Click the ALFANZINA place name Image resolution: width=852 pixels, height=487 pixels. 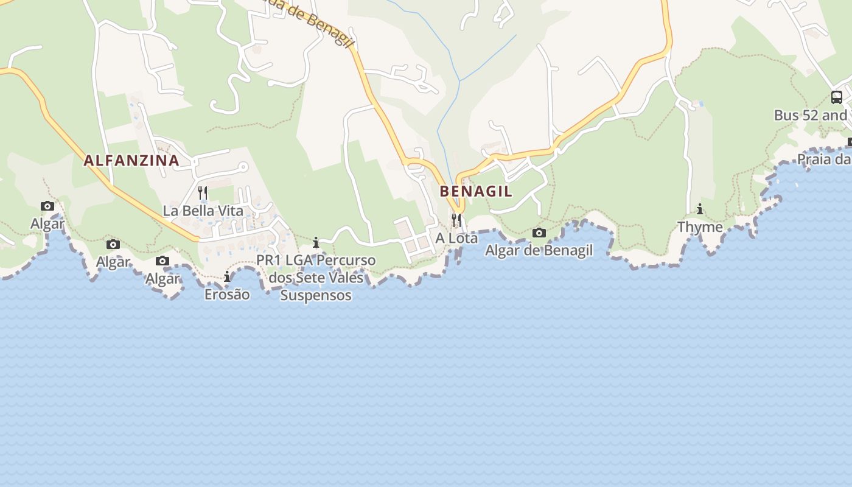(x=131, y=161)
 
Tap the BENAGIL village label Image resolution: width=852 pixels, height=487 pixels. (x=476, y=191)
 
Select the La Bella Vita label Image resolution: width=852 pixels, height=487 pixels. (x=203, y=211)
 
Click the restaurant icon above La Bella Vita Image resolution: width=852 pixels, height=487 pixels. (x=203, y=194)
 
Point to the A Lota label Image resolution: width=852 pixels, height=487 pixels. (x=456, y=238)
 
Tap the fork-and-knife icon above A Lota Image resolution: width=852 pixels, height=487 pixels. (x=456, y=220)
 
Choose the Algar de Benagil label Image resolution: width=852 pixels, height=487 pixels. (x=539, y=250)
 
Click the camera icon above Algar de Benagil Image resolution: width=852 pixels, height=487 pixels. (x=539, y=233)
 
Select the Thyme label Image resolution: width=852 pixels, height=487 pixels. (x=700, y=227)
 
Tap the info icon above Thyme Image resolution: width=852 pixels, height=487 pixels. (x=700, y=209)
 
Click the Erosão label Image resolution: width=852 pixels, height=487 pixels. (x=227, y=294)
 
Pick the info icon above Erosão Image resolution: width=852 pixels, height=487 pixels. (x=227, y=276)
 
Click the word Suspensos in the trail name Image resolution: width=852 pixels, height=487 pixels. (x=315, y=295)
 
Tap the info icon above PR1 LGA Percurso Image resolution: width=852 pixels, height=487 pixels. (x=315, y=243)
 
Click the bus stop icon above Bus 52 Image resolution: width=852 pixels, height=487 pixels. (x=837, y=97)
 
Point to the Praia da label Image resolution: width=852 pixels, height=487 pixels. (x=823, y=159)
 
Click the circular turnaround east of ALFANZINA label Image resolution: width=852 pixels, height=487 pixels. (x=243, y=166)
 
